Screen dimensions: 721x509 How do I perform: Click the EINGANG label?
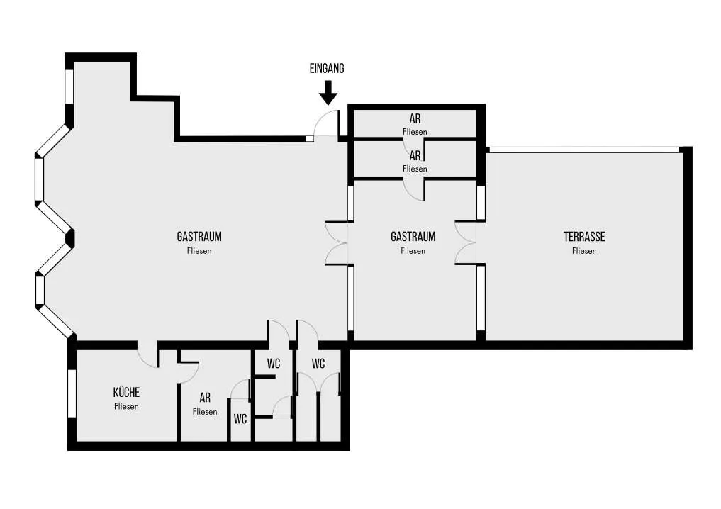[327, 69]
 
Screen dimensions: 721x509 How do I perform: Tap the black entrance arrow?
[328, 92]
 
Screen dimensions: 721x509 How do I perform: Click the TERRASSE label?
[584, 237]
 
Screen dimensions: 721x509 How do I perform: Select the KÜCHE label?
[126, 392]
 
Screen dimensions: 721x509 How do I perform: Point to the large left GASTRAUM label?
[199, 237]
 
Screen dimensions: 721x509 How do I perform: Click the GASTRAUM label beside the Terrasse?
[413, 237]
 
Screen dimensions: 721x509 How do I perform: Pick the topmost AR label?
[415, 119]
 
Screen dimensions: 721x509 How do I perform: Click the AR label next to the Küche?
[205, 397]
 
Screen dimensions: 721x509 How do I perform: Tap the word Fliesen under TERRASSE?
[584, 251]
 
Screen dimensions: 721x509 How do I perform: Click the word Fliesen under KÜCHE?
[126, 407]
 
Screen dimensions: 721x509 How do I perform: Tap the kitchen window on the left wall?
[72, 394]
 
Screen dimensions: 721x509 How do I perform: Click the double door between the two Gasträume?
[338, 244]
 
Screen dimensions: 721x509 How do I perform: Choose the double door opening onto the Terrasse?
[465, 243]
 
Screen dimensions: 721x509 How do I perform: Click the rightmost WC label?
[318, 364]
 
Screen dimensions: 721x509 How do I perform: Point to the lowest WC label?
[240, 419]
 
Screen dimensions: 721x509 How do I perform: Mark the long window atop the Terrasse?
[583, 150]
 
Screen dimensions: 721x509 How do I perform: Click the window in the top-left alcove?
[69, 86]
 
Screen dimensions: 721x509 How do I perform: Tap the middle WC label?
[274, 364]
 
